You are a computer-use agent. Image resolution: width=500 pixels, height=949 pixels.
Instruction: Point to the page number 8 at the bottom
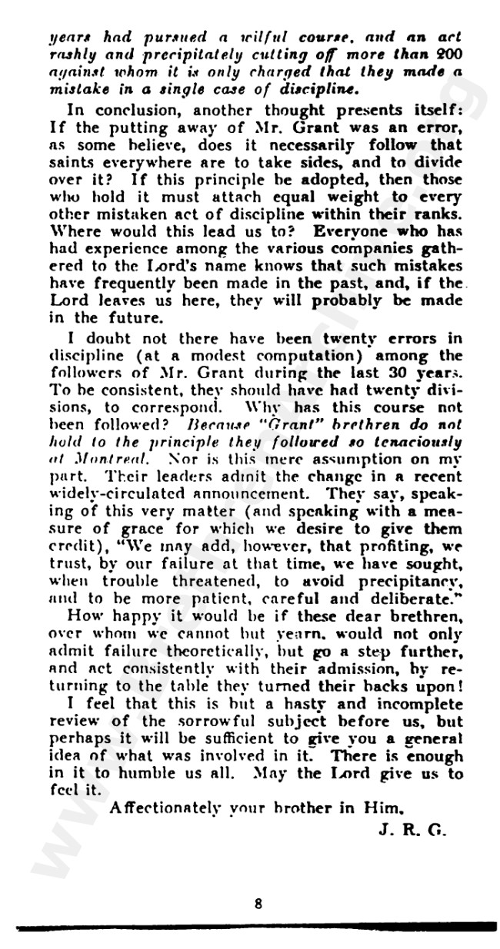[258, 904]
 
